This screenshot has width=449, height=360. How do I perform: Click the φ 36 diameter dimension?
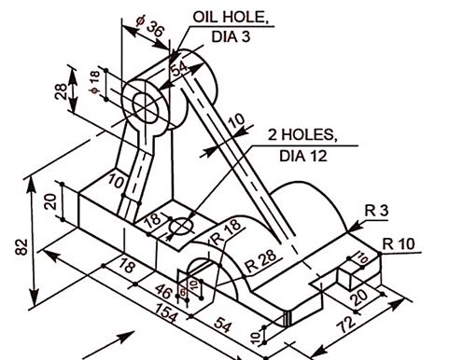pyautogui.click(x=150, y=29)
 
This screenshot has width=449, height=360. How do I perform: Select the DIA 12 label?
pyautogui.click(x=303, y=156)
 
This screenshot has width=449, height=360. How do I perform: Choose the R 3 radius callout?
pyautogui.click(x=375, y=211)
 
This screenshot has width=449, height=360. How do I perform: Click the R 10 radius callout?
pyautogui.click(x=399, y=244)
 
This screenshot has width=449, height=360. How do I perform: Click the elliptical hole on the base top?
pyautogui.click(x=180, y=226)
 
